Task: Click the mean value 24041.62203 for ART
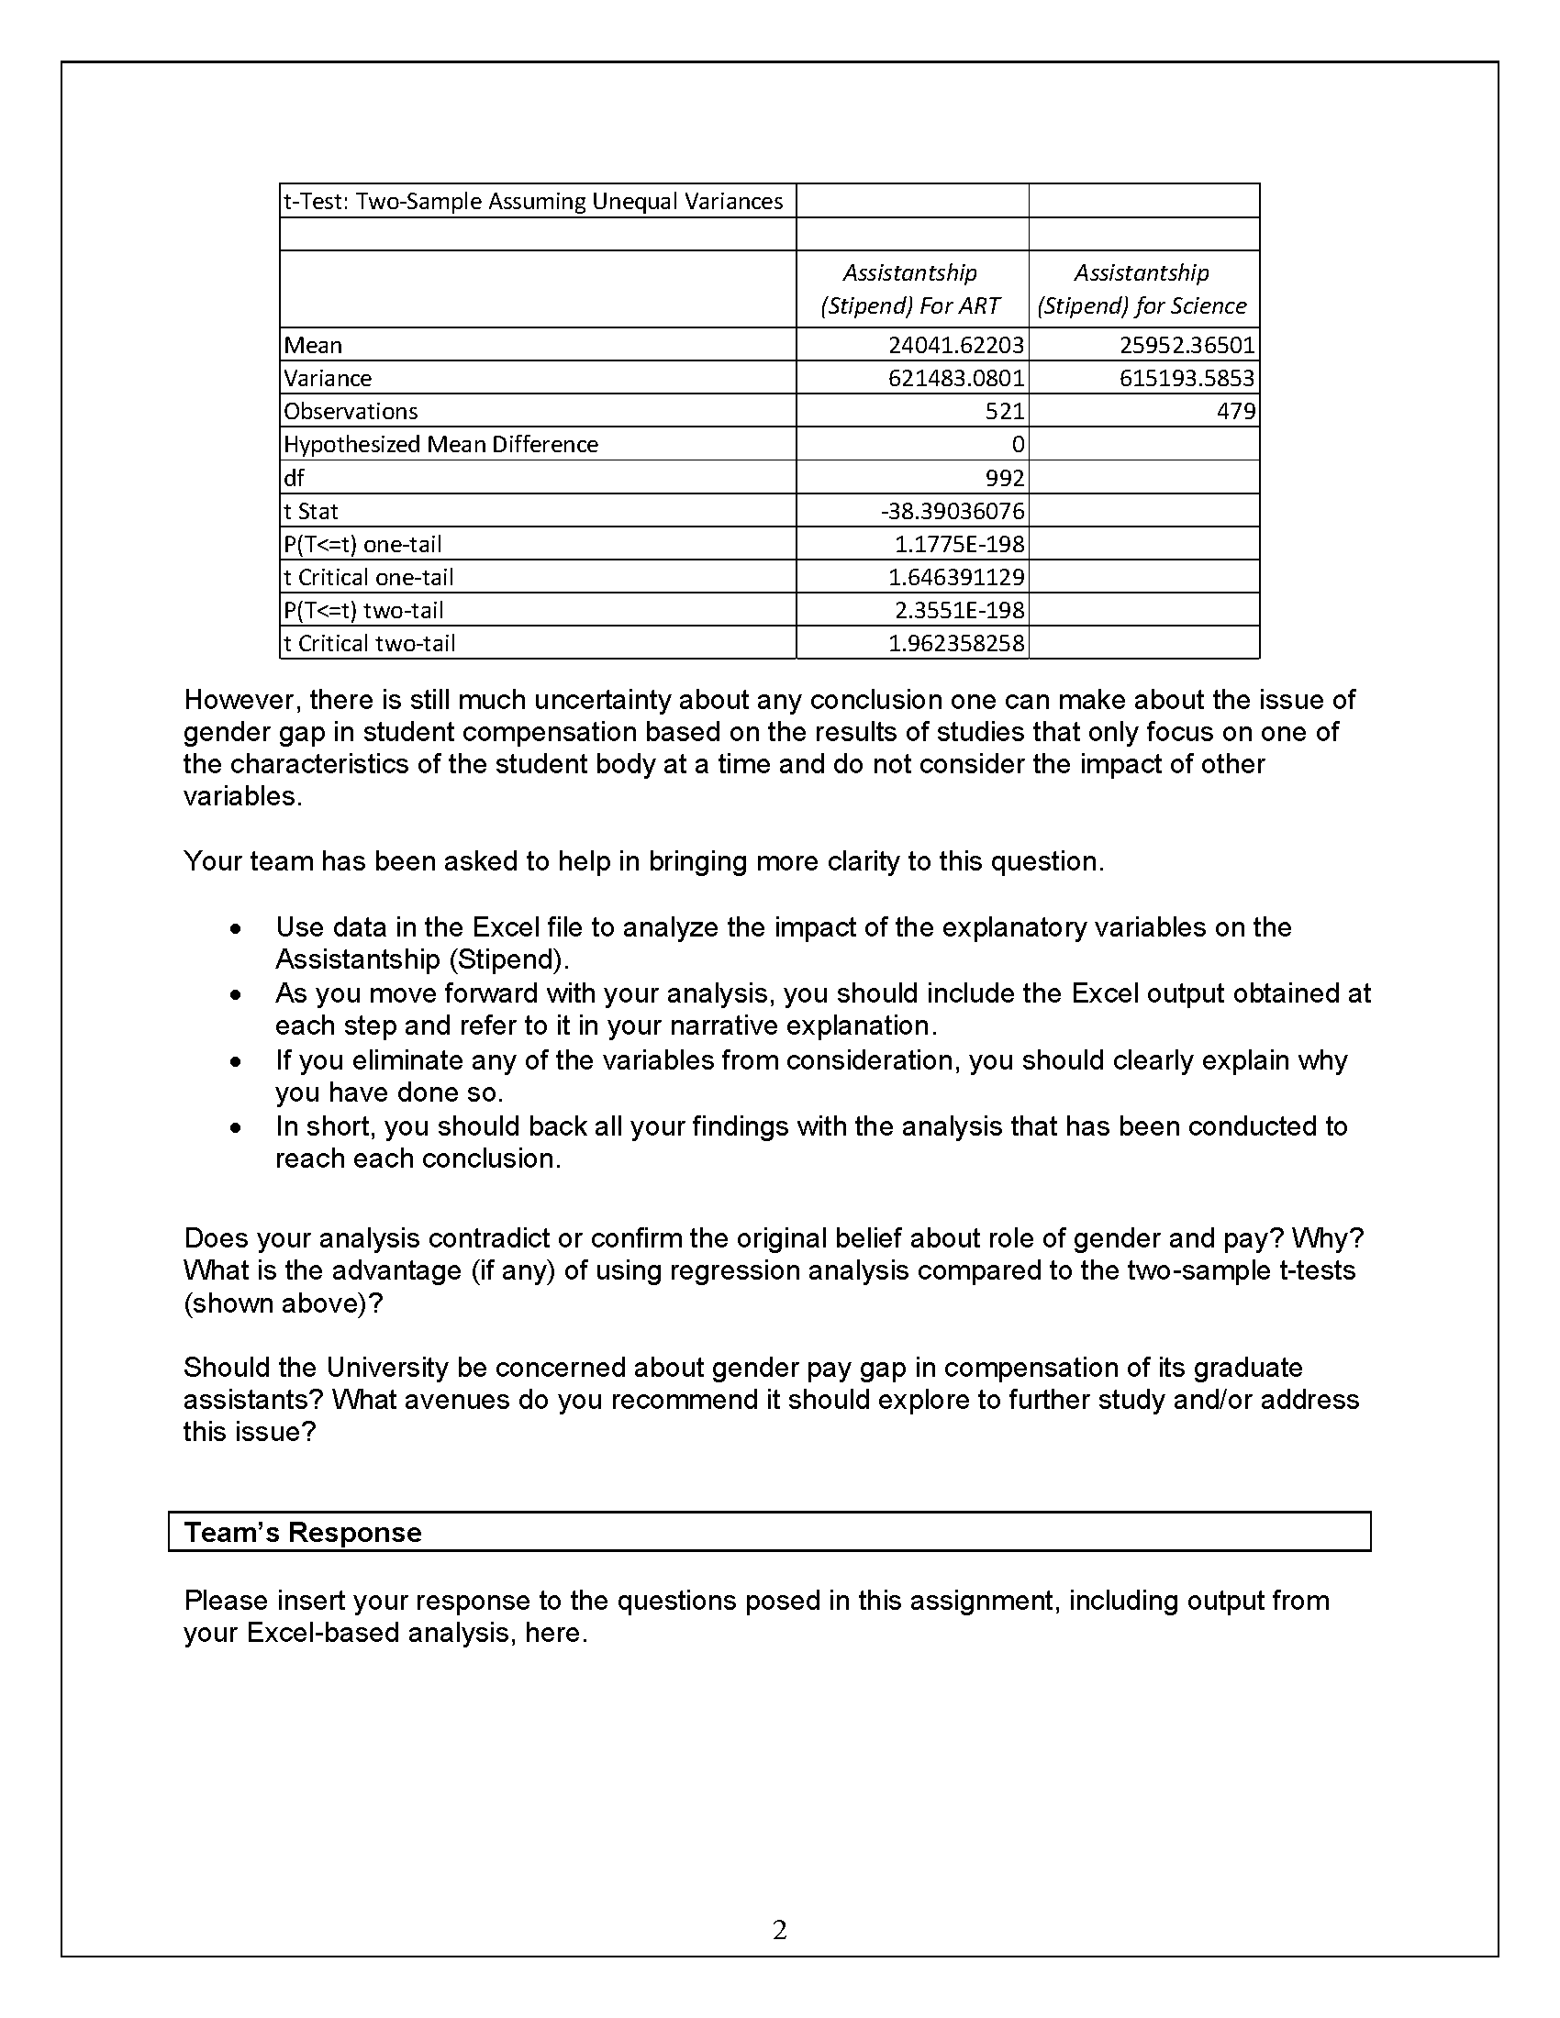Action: pyautogui.click(x=955, y=345)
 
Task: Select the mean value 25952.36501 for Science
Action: pyautogui.click(x=1187, y=345)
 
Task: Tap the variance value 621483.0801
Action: pyautogui.click(x=955, y=378)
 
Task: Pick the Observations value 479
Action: pyautogui.click(x=1236, y=411)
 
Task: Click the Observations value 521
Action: pyautogui.click(x=1005, y=411)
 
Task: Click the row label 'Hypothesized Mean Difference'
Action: pyautogui.click(x=440, y=445)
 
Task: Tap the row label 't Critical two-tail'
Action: pyautogui.click(x=370, y=643)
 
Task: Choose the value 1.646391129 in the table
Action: pyautogui.click(x=955, y=578)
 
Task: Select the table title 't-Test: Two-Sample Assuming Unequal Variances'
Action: pyautogui.click(x=533, y=202)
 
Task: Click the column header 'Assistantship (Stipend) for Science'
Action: pyautogui.click(x=1142, y=289)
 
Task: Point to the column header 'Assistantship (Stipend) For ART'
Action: pyautogui.click(x=910, y=289)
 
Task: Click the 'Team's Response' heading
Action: pyautogui.click(x=303, y=1532)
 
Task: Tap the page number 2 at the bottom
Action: pyautogui.click(x=780, y=1929)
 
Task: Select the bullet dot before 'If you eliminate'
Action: pyautogui.click(x=237, y=1062)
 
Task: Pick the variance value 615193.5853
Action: pyautogui.click(x=1187, y=378)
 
